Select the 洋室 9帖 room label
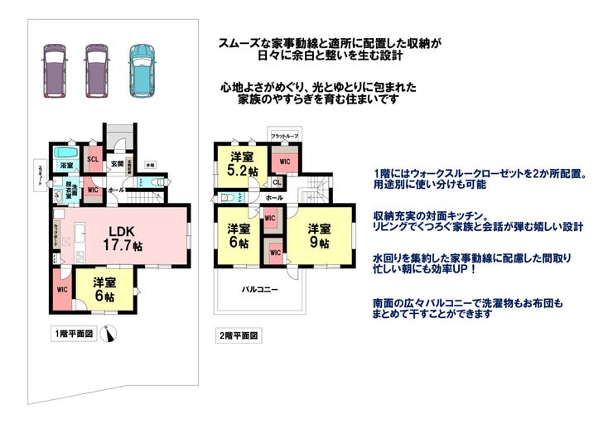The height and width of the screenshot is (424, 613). (x=319, y=235)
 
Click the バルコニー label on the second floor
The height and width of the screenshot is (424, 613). (x=259, y=290)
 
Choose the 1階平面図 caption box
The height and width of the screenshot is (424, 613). (x=75, y=334)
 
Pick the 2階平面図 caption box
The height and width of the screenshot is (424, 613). (x=238, y=336)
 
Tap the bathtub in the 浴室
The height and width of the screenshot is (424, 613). (x=65, y=154)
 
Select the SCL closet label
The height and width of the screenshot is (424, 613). (x=93, y=159)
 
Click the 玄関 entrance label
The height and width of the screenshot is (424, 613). (x=118, y=164)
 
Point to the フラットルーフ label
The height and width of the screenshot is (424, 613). (x=285, y=135)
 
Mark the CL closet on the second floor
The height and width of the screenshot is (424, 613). (x=276, y=182)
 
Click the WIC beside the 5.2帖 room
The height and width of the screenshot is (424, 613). (x=284, y=161)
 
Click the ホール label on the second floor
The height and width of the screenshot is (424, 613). (x=275, y=198)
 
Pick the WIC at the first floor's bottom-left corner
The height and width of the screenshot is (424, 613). (x=61, y=290)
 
